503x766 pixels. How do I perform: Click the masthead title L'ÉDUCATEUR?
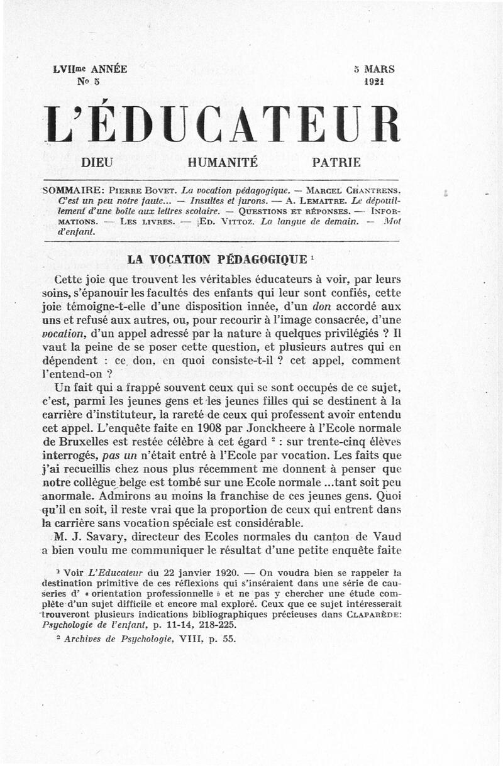[x=223, y=123]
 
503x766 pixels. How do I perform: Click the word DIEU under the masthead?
[x=97, y=162]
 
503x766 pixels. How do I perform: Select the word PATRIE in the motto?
[x=337, y=162]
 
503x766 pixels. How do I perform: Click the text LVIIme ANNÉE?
[x=91, y=69]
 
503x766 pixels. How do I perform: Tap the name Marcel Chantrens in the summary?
[x=351, y=189]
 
